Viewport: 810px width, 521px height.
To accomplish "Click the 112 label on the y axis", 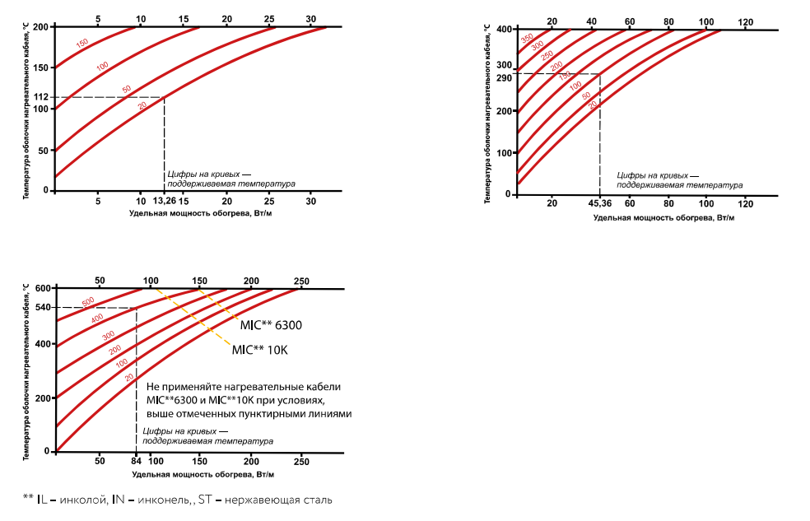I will tap(40, 98).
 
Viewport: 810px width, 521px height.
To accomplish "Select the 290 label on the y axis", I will tap(504, 78).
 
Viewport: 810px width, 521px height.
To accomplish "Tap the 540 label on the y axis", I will tap(43, 308).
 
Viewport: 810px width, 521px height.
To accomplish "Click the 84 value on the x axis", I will tap(136, 462).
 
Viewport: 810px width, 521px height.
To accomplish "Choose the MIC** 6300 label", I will tap(271, 326).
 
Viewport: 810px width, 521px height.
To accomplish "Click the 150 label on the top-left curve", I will tap(82, 44).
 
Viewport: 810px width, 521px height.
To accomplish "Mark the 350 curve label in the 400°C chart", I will tap(527, 39).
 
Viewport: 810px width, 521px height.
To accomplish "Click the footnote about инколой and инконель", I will tap(178, 500).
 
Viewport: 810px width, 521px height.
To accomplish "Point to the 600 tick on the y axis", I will tap(43, 288).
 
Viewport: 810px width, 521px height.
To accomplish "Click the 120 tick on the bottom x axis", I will tap(746, 203).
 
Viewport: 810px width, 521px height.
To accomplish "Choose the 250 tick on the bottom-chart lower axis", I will tap(300, 462).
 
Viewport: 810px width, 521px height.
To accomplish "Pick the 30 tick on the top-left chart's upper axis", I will tap(310, 18).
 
